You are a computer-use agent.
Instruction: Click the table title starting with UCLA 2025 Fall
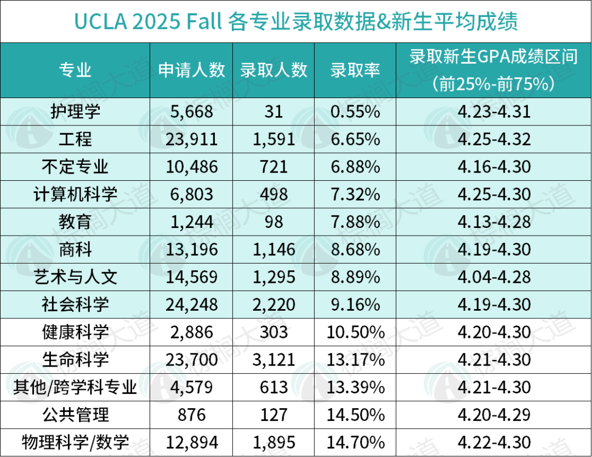[x=296, y=22]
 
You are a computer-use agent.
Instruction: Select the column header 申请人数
[x=191, y=70]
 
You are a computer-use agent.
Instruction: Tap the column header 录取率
[x=355, y=70]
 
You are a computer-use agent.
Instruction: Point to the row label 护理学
[x=75, y=112]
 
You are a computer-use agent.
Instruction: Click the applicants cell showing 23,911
[x=191, y=139]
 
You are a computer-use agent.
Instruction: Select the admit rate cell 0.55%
[x=355, y=112]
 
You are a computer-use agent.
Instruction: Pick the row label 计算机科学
[x=75, y=194]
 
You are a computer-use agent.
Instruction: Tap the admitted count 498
[x=273, y=194]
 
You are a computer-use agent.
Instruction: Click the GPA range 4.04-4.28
[x=493, y=277]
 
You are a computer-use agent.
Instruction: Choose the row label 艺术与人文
[x=75, y=277]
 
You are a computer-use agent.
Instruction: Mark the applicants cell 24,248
[x=191, y=304]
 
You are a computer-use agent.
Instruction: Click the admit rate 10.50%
[x=355, y=332]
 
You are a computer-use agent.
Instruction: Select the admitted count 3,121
[x=273, y=359]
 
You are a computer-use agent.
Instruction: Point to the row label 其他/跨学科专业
[x=75, y=387]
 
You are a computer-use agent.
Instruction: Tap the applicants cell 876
[x=191, y=414]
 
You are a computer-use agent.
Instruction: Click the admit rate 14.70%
[x=355, y=442]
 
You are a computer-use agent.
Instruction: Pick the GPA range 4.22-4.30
[x=493, y=442]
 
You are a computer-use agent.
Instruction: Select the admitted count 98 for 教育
[x=273, y=222]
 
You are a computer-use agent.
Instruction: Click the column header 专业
[x=75, y=70]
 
